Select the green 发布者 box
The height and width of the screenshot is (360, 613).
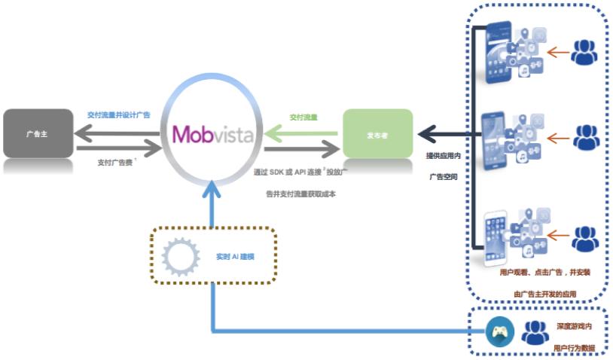(377, 133)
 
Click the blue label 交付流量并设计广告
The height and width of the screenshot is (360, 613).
(118, 115)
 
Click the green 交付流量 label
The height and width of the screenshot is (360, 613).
(303, 117)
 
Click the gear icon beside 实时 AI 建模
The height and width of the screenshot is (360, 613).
(181, 257)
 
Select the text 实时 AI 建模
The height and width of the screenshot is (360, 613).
(235, 257)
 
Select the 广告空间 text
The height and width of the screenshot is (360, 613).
(444, 177)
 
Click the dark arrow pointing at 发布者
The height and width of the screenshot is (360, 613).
(444, 135)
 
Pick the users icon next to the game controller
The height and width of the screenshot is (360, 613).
(535, 332)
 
